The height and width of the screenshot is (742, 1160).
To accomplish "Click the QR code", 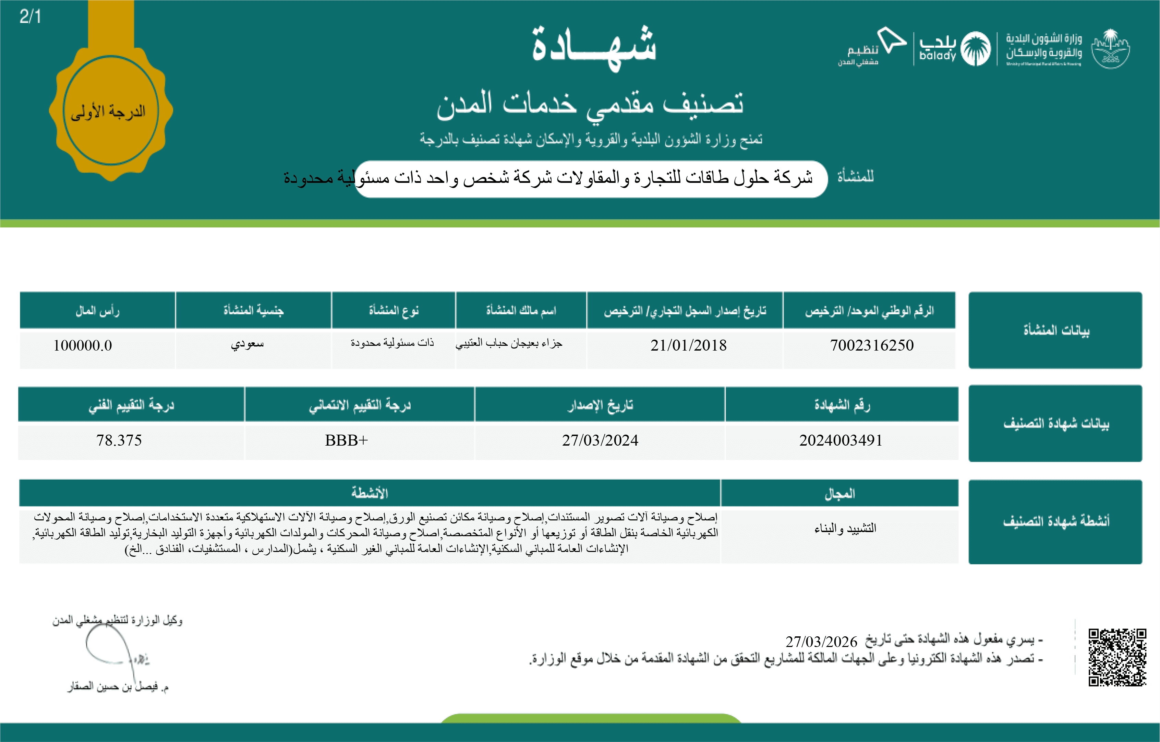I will (x=1117, y=657).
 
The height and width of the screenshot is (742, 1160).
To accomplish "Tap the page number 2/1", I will (x=30, y=17).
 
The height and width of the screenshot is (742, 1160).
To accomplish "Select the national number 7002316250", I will (x=871, y=345).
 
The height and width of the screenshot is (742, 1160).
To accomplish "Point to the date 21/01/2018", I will (x=688, y=345).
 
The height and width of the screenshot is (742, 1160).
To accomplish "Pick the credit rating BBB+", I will (x=346, y=440).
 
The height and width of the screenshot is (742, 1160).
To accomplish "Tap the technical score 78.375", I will (x=119, y=440).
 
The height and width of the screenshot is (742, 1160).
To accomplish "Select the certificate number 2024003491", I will (x=841, y=440).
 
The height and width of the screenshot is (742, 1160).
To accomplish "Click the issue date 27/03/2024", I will (x=600, y=440).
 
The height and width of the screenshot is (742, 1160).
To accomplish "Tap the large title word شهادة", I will (x=594, y=47).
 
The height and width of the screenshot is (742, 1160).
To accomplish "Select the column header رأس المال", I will (x=97, y=310).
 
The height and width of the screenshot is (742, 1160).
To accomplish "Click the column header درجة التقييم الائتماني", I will (x=360, y=405).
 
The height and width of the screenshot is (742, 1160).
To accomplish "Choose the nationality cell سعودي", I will (x=247, y=344).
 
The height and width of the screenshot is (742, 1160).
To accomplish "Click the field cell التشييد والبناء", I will (x=845, y=528).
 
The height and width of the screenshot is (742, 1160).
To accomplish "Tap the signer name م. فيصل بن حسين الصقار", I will (x=118, y=686).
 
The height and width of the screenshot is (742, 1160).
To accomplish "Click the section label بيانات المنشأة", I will (x=1056, y=330).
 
